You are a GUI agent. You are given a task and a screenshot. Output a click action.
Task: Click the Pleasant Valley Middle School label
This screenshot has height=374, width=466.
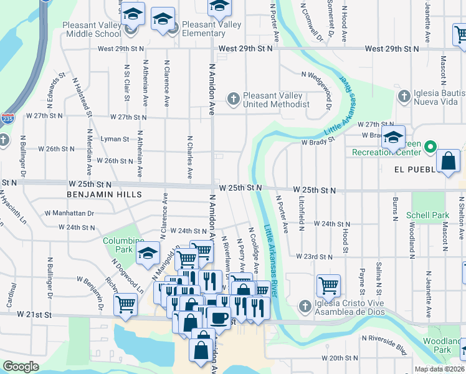coord(92,29)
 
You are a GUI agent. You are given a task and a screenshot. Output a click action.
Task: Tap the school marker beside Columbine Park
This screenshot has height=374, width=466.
coord(148,253)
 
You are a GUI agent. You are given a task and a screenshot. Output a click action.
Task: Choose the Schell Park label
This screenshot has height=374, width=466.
coord(427,215)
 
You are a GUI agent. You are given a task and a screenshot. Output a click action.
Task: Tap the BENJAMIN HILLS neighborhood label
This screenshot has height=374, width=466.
coord(102,194)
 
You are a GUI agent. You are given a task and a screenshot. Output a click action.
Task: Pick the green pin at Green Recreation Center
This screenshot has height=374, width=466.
coord(430,148)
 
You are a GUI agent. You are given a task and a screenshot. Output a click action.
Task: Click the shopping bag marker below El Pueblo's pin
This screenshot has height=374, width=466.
coord(449,161)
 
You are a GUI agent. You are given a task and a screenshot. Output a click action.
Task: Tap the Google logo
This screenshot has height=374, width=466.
coord(21,367)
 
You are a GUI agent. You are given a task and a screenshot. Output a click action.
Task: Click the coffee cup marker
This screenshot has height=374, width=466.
coord(218,317)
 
